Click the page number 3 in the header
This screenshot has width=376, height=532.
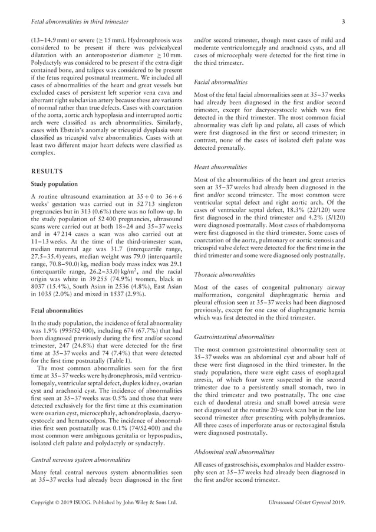(x=343, y=22)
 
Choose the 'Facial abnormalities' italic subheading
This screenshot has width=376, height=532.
(x=221, y=82)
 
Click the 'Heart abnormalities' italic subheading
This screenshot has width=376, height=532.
(x=220, y=168)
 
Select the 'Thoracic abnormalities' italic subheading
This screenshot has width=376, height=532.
(x=225, y=274)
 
